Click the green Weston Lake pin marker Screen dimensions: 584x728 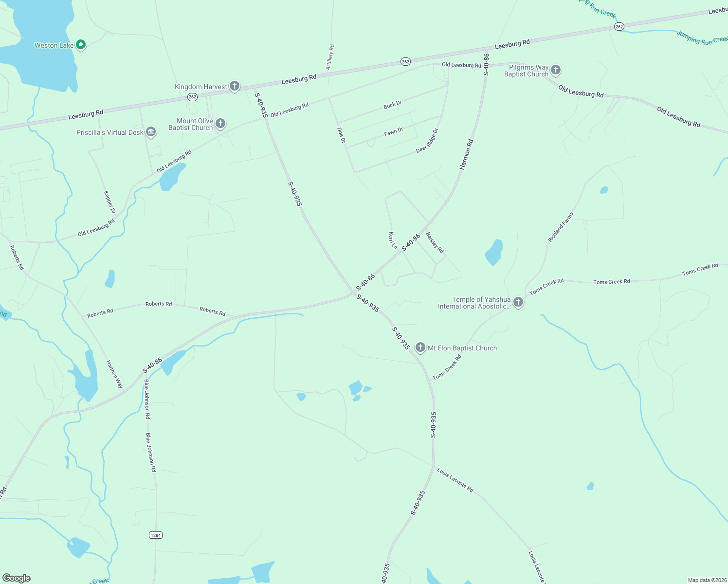[x=81, y=45]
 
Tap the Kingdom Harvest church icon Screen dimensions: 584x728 [x=234, y=86]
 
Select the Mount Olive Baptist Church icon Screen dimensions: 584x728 [x=220, y=123]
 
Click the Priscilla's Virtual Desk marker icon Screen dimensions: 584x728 [x=151, y=132]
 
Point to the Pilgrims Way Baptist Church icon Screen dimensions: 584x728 [x=556, y=70]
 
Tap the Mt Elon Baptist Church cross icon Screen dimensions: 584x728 [x=420, y=347]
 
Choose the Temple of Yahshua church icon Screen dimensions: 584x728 [x=518, y=302]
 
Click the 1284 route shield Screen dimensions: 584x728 [x=155, y=535]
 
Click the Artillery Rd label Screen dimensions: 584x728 [x=330, y=57]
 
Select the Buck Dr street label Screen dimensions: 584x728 [x=392, y=105]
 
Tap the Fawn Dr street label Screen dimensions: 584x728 [x=394, y=131]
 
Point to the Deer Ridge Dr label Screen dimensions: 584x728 [x=427, y=141]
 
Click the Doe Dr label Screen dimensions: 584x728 [x=342, y=135]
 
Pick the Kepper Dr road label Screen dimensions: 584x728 [x=109, y=201]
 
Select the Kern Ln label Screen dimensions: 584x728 [x=393, y=240]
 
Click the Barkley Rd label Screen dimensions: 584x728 [x=435, y=242]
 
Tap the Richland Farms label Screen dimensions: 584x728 [x=561, y=227]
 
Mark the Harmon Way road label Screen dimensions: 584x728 [x=114, y=374]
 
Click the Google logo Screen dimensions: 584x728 [x=17, y=578]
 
